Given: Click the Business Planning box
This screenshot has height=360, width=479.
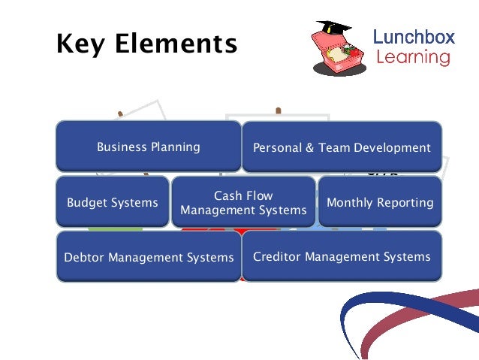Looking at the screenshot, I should pos(148,147).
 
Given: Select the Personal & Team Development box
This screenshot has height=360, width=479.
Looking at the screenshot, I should pos(342,147).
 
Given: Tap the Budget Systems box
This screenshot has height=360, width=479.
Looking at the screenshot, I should pos(112,202).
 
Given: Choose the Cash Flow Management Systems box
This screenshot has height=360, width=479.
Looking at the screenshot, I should pos(243,203).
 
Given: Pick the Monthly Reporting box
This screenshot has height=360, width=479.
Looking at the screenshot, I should pos(380,202).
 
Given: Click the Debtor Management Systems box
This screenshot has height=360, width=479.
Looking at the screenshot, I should pos(149,257).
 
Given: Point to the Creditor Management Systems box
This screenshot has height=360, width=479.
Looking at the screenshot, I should pos(342,257).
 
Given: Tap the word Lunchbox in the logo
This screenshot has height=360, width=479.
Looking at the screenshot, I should pos(412,36).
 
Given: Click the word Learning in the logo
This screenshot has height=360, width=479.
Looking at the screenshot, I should pos(412,57).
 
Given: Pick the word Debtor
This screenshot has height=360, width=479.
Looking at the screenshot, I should pos(84,258).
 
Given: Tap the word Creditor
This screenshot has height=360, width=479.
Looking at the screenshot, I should pos(276,257).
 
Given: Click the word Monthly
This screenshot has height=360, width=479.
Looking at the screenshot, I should pos(352,202).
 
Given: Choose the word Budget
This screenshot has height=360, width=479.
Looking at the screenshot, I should pos(87,202).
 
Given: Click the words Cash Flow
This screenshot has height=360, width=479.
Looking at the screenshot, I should pos(243,195).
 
